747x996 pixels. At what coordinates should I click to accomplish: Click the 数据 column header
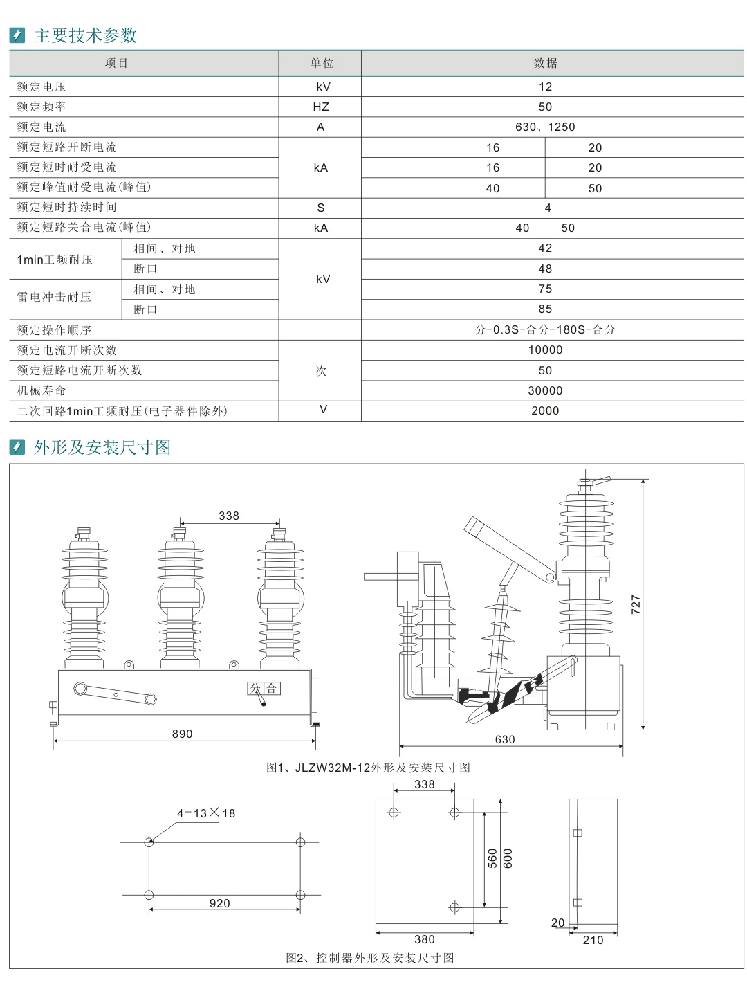click(x=545, y=63)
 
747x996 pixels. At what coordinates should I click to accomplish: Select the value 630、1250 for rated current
click(x=545, y=127)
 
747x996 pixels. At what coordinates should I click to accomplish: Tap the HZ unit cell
click(x=320, y=107)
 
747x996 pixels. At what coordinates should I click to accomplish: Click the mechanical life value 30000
click(x=545, y=390)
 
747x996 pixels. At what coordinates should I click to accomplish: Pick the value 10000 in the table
click(x=545, y=350)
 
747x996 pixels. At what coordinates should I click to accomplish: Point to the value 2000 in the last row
click(x=545, y=410)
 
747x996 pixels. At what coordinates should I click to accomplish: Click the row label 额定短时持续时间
click(x=67, y=207)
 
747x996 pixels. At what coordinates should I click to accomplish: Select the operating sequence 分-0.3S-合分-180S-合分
click(x=545, y=329)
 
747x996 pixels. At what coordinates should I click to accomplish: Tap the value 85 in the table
click(x=545, y=309)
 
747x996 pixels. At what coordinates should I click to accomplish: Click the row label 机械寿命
click(x=41, y=390)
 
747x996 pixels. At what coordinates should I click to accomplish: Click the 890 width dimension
click(x=183, y=734)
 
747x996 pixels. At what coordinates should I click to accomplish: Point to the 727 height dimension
click(x=636, y=604)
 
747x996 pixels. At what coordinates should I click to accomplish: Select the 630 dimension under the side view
click(x=505, y=739)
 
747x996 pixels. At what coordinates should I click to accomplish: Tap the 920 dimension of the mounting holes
click(x=220, y=903)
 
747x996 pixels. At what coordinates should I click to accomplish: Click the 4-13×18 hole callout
click(x=206, y=813)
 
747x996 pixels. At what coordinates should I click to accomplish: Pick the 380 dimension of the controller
click(x=425, y=939)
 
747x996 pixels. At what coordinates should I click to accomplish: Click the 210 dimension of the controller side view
click(x=593, y=940)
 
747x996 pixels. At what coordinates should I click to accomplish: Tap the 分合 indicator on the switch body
click(x=264, y=688)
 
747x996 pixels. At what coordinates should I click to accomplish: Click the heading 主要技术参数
click(x=86, y=35)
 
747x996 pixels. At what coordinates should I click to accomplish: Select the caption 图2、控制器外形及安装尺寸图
click(x=370, y=958)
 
